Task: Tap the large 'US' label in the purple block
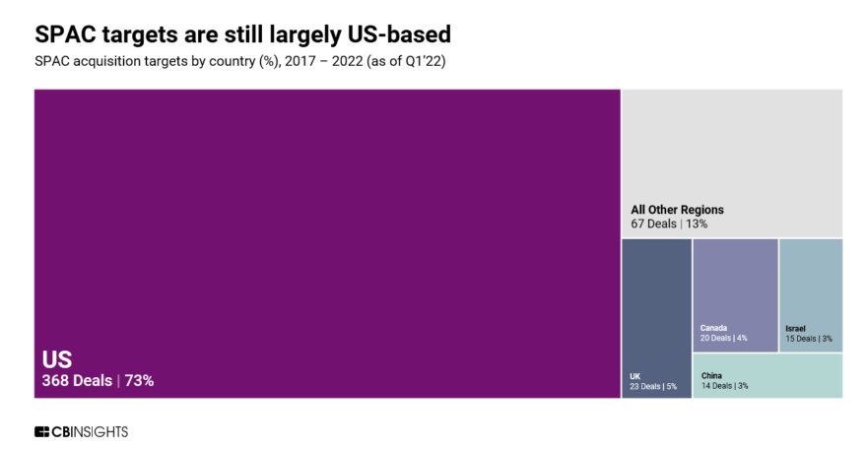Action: click(56, 359)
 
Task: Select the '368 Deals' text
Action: click(77, 380)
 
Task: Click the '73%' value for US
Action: click(138, 380)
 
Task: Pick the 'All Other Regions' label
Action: click(677, 210)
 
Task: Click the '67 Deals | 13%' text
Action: click(669, 224)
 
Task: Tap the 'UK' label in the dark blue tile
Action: click(635, 375)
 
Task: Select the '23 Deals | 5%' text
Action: click(652, 386)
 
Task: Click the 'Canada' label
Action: click(713, 328)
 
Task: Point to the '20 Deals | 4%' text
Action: click(723, 338)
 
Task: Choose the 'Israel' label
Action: click(795, 328)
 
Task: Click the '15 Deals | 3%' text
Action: click(808, 338)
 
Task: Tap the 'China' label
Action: click(711, 375)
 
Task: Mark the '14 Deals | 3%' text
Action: click(724, 386)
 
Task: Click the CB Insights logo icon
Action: click(41, 431)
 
